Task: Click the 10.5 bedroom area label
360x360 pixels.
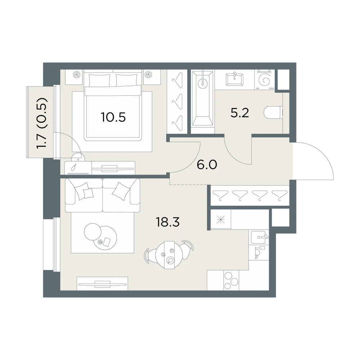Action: click(113, 117)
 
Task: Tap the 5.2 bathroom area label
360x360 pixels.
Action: click(240, 113)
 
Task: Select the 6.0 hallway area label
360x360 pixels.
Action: click(207, 165)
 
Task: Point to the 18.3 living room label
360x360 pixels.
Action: click(168, 222)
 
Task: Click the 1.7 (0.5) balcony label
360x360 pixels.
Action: click(42, 123)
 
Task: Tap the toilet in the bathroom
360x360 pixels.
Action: click(273, 113)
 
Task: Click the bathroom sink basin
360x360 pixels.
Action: click(234, 80)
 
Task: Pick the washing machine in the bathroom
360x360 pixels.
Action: click(265, 80)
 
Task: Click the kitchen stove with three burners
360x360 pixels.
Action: click(231, 280)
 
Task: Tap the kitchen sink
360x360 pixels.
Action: click(259, 237)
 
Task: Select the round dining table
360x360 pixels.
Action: click(169, 255)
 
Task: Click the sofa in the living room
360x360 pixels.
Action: click(103, 195)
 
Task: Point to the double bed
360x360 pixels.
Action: click(113, 106)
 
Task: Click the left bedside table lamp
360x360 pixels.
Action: click(76, 75)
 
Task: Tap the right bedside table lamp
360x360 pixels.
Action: click(149, 75)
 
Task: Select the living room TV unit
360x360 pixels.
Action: click(102, 284)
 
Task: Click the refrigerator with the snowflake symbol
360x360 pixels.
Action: click(221, 220)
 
